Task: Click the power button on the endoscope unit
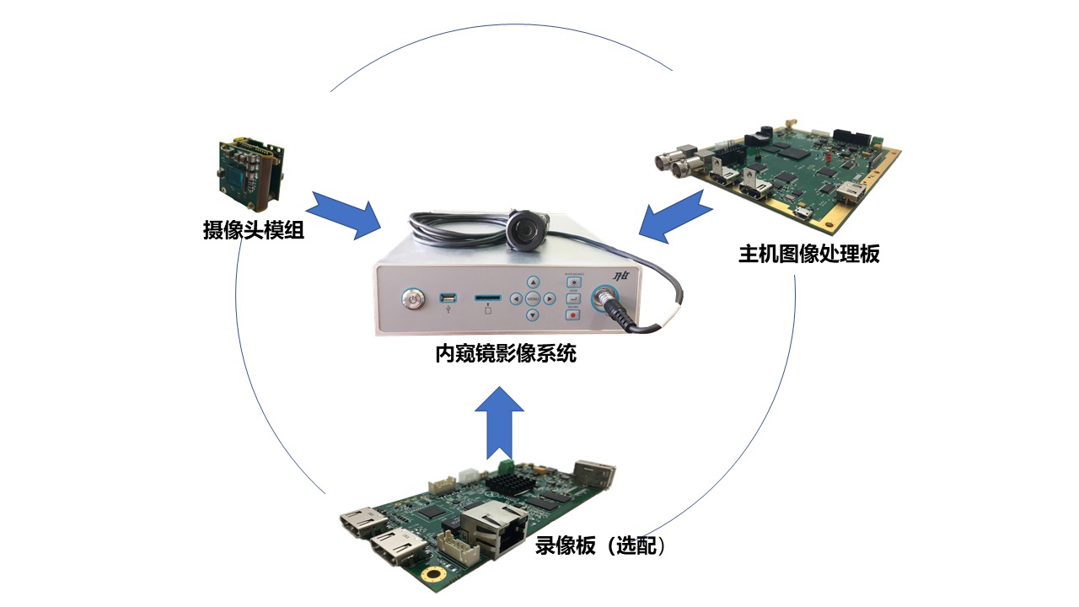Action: click(413, 298)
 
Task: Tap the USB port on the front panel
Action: click(448, 298)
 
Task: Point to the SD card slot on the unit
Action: click(487, 298)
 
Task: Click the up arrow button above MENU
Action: click(533, 282)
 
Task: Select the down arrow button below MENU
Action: click(533, 315)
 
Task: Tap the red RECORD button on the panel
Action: click(574, 314)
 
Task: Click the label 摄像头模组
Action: click(254, 229)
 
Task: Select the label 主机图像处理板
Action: click(808, 253)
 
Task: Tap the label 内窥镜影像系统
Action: click(506, 354)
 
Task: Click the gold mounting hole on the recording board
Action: click(432, 575)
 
